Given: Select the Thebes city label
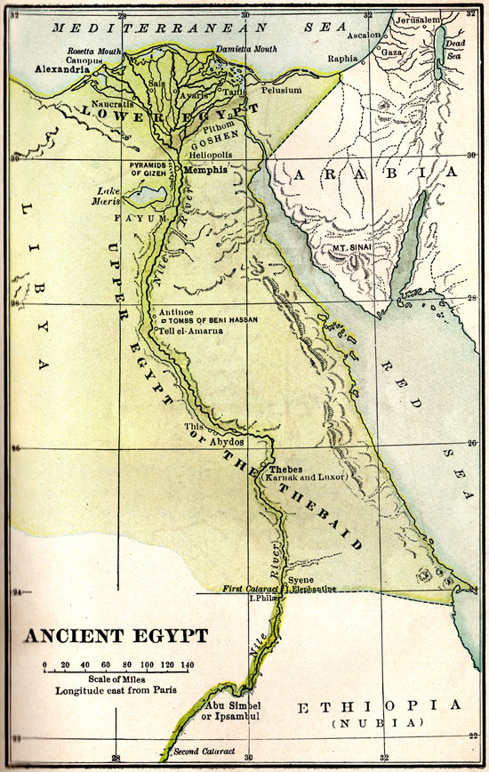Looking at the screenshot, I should pos(285,469).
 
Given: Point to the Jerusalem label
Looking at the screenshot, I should pos(414,19).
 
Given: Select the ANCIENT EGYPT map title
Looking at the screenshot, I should pos(116,637).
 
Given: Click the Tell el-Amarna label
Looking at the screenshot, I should pos(190,331).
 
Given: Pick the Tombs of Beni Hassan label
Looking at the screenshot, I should pos(209,321).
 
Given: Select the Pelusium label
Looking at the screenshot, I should pos(282,91).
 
